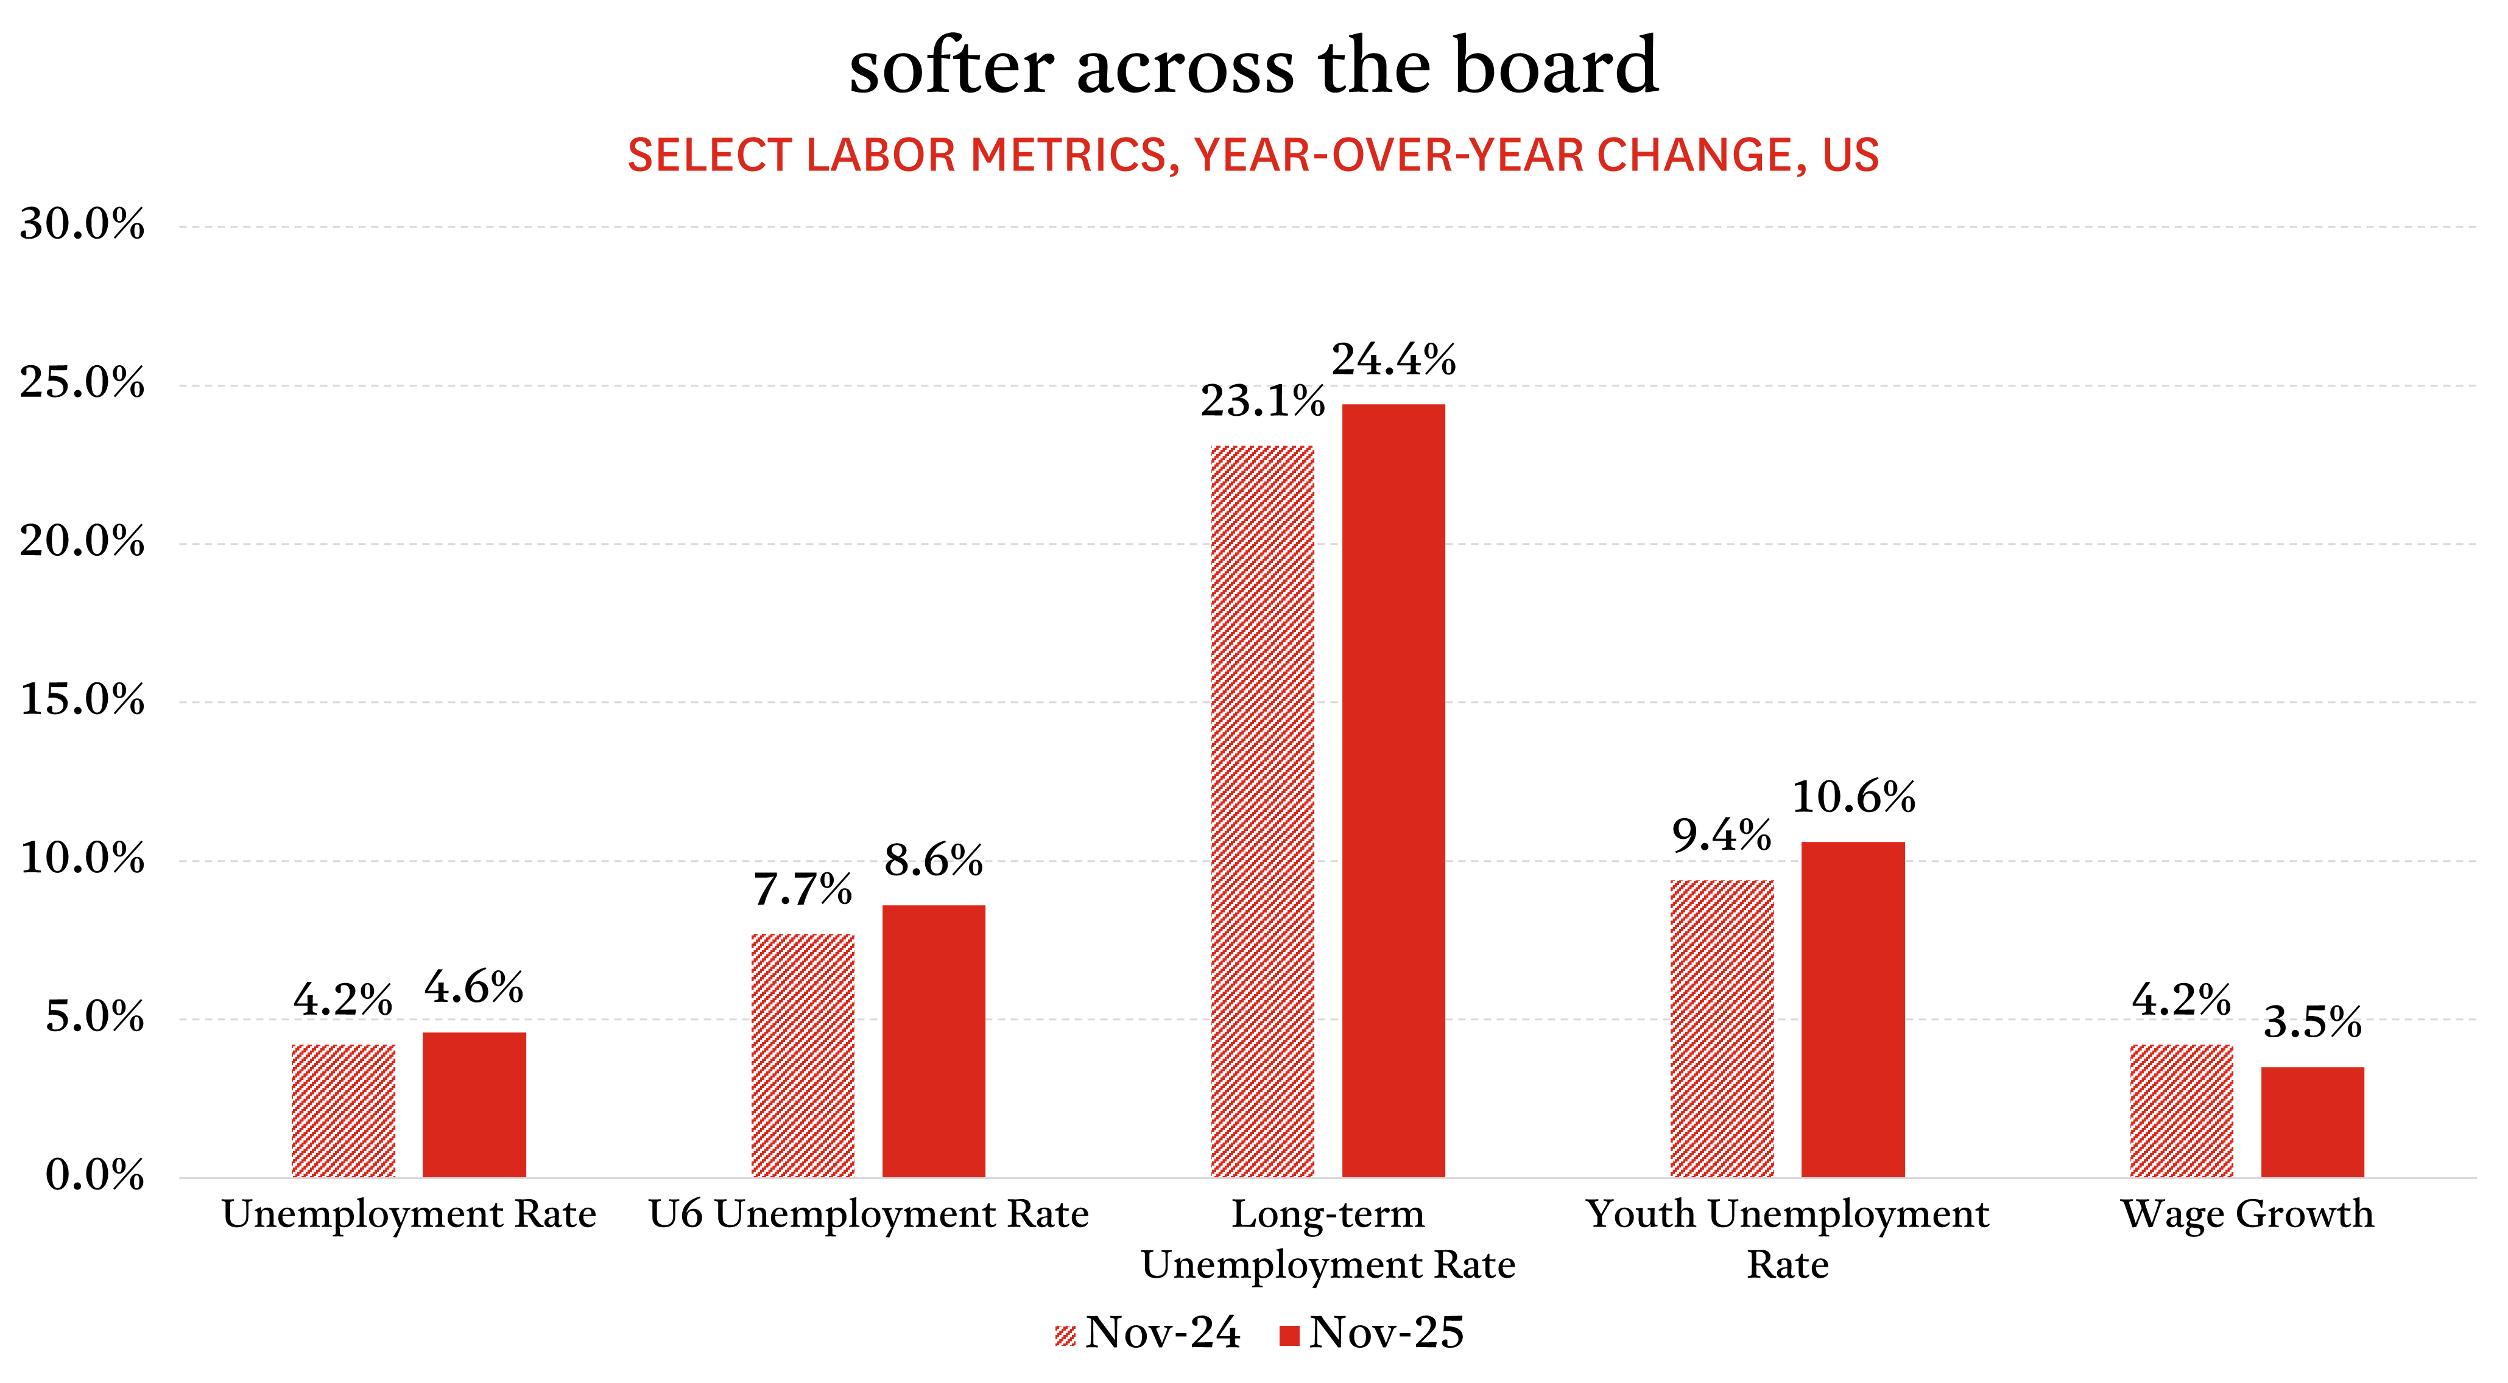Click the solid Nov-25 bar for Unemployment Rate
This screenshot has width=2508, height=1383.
[474, 1105]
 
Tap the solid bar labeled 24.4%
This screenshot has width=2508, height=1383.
[1393, 790]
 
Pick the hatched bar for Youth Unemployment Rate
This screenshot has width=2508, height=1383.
[1721, 1029]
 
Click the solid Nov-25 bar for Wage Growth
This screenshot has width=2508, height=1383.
[2313, 1122]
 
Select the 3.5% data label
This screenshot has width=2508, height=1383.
[2313, 1023]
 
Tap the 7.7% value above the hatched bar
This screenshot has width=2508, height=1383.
[802, 889]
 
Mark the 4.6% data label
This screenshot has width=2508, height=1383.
[474, 988]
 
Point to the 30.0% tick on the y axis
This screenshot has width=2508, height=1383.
[82, 225]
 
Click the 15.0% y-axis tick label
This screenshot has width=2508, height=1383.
[82, 700]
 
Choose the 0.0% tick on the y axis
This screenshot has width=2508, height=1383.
[94, 1175]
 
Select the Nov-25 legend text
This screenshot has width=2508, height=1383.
[1386, 1332]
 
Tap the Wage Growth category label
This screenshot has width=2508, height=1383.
[2247, 1214]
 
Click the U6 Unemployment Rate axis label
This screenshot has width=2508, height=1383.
[868, 1214]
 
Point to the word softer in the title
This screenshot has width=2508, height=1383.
[951, 66]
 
